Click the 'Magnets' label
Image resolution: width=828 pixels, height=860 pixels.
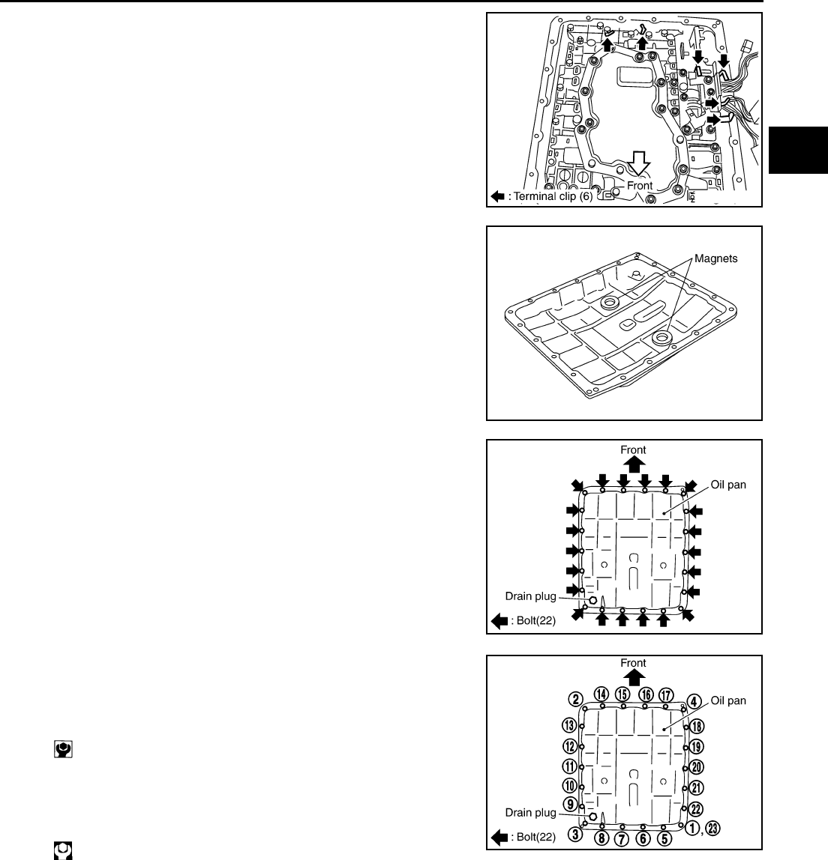point(716,258)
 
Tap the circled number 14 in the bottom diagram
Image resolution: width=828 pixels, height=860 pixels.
point(601,694)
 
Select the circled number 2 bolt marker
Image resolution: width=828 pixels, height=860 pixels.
point(575,700)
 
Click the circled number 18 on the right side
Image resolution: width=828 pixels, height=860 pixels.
point(696,727)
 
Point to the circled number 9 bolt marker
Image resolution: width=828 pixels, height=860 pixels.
point(570,805)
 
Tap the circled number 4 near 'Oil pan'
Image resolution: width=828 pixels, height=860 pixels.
point(694,701)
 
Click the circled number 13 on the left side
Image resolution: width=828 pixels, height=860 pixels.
point(570,725)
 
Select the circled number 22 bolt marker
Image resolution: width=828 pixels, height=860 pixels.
point(696,808)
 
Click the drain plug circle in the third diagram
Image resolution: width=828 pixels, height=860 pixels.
point(592,600)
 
